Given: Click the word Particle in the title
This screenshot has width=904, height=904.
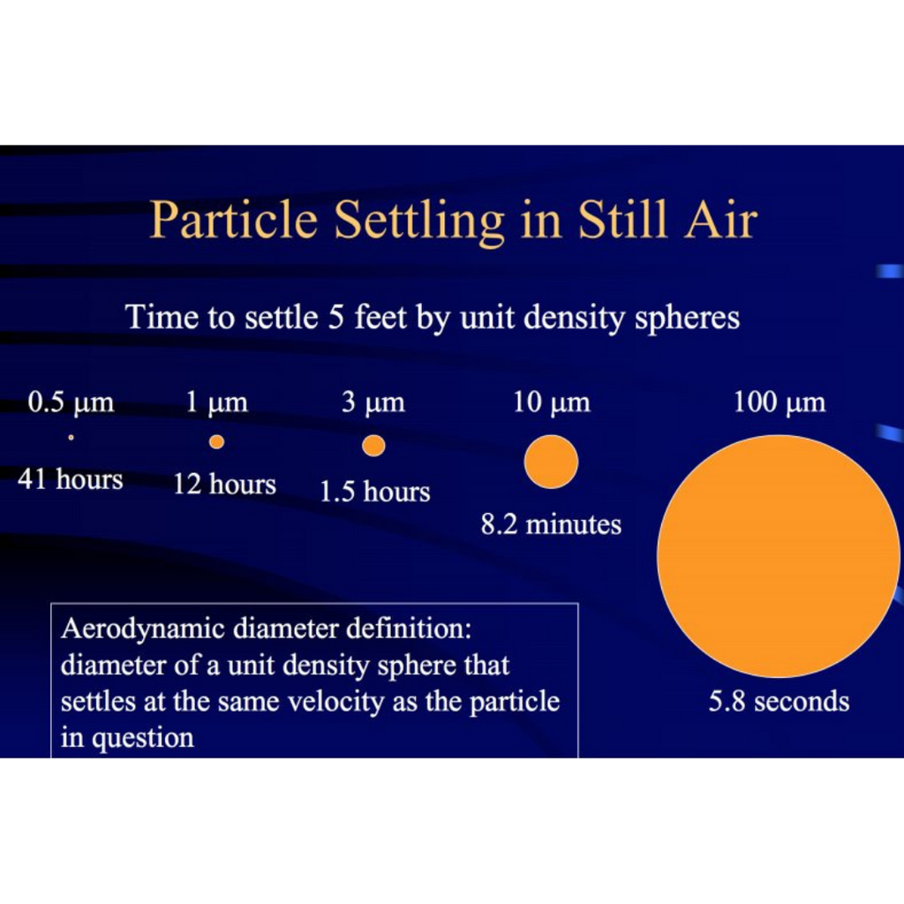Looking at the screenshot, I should (233, 220).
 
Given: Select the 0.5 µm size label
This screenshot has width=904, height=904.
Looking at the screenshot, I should (71, 403).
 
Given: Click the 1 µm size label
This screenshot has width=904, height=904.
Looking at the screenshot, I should (216, 403).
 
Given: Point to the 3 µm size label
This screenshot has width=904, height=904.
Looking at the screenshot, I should (373, 403).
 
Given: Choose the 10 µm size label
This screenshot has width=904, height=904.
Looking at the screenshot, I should (552, 403).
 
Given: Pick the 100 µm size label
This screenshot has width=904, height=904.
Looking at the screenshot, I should (780, 403).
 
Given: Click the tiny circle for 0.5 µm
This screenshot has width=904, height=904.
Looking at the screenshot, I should (71, 436).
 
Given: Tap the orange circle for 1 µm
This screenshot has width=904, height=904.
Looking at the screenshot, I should (216, 441).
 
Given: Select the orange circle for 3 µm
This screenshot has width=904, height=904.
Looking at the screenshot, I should (373, 446).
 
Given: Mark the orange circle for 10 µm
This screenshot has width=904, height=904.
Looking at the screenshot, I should (551, 462).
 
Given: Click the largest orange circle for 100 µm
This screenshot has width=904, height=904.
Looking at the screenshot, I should (778, 556).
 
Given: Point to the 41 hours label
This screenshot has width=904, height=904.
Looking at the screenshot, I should (71, 479).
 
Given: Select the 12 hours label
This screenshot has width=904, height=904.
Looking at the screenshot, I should (224, 484).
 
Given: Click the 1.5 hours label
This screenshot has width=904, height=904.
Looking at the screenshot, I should (374, 492).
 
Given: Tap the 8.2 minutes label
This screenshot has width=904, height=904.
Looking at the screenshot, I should (551, 524).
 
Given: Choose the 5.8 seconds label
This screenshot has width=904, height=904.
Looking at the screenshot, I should (779, 702).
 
